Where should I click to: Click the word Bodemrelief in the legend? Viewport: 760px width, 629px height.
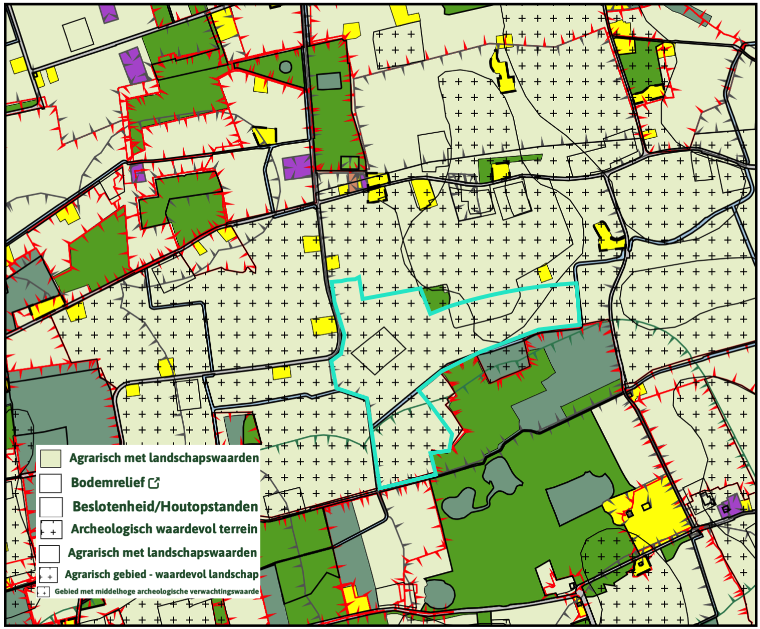tap(108, 483)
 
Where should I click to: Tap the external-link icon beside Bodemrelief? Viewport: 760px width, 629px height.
tap(154, 483)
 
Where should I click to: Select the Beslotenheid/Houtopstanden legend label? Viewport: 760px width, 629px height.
tap(165, 506)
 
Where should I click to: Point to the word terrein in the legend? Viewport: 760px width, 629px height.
tap(237, 529)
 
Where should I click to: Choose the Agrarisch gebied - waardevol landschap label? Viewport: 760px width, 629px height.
tap(161, 574)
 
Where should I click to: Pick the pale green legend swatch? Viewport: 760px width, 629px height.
tap(51, 458)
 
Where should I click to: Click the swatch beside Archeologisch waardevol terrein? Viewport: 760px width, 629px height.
tap(51, 529)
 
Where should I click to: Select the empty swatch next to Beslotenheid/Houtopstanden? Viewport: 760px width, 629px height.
tap(51, 507)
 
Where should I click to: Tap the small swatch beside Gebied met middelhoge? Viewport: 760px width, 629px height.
tap(44, 592)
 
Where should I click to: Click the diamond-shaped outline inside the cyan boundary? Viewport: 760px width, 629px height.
tap(378, 351)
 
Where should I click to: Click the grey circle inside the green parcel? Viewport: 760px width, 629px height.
tap(285, 67)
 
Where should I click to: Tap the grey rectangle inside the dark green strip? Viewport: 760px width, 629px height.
tap(329, 81)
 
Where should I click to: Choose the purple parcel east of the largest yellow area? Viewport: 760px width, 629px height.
tap(729, 506)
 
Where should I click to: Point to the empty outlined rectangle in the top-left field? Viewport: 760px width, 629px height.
tap(78, 34)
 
